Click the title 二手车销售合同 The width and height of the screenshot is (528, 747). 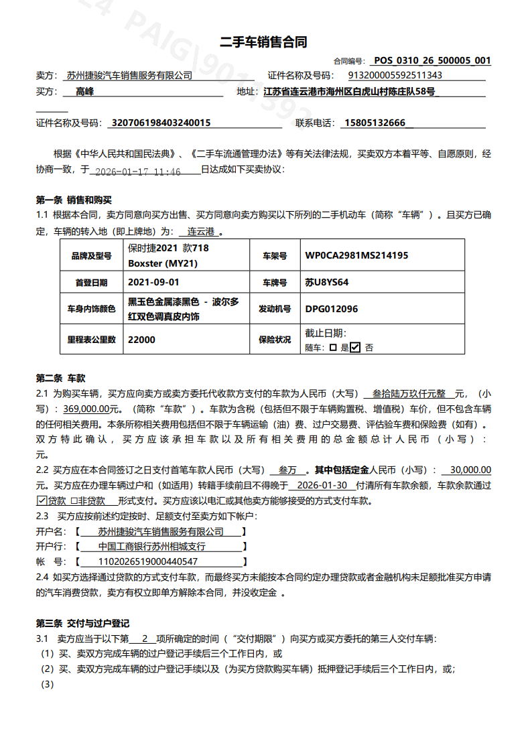pos(263,42)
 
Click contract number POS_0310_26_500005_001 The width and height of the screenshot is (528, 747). pos(432,60)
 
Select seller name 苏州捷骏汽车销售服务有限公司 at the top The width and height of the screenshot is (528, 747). pos(129,76)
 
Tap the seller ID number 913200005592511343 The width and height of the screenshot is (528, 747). pos(395,76)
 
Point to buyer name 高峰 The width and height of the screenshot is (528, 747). pos(84,92)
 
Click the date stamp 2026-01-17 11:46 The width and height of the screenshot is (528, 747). pos(138,172)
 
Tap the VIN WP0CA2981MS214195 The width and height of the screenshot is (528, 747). pos(356,255)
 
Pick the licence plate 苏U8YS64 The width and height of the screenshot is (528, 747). pos(327,282)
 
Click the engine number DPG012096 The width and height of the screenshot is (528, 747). pos(332,309)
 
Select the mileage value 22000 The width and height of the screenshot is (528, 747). pos(141,340)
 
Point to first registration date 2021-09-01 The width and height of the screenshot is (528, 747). pos(153,282)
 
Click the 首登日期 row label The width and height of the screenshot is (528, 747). pos(91,283)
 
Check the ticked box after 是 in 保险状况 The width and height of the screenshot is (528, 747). pos(355,347)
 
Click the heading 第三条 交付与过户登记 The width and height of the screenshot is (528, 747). pos(82,623)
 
